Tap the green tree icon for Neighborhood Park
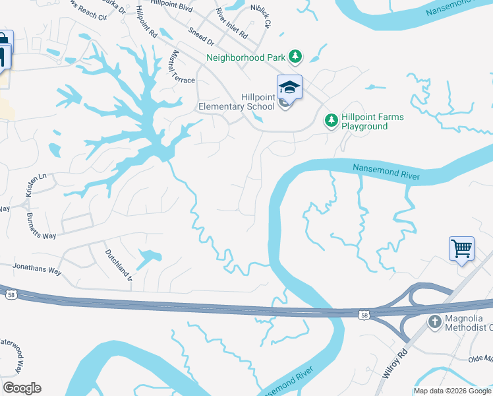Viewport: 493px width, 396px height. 296,57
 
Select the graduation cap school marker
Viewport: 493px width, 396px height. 289,87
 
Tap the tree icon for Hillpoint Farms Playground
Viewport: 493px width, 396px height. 331,121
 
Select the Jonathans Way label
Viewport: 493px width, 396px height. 37,269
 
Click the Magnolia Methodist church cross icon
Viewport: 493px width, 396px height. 434,321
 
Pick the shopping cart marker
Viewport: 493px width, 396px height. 462,249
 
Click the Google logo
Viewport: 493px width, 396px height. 22,387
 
